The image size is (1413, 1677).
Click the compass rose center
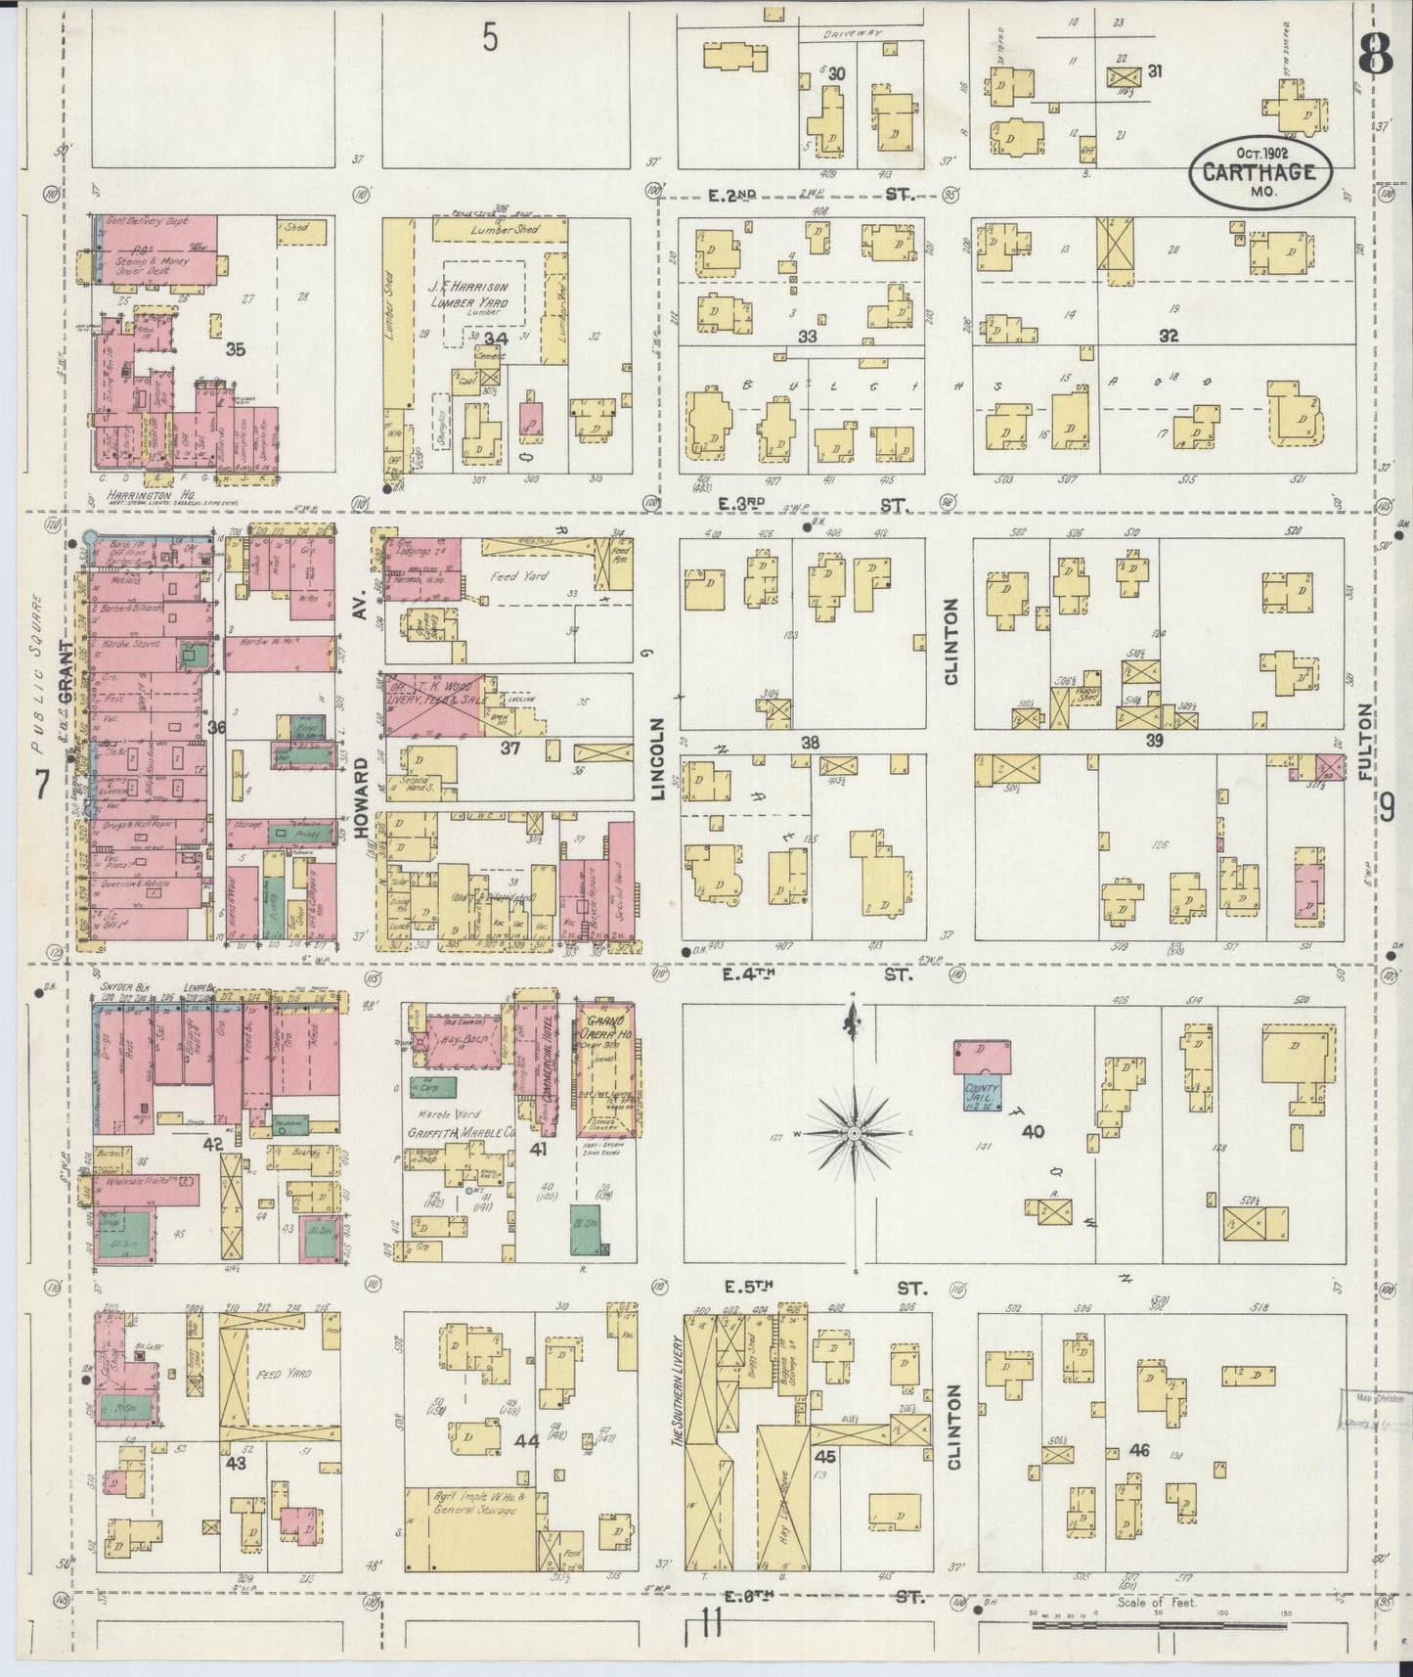(854, 1132)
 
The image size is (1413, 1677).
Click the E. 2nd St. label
(810, 196)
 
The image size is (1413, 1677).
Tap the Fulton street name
(1366, 742)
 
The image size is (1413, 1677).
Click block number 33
(808, 336)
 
